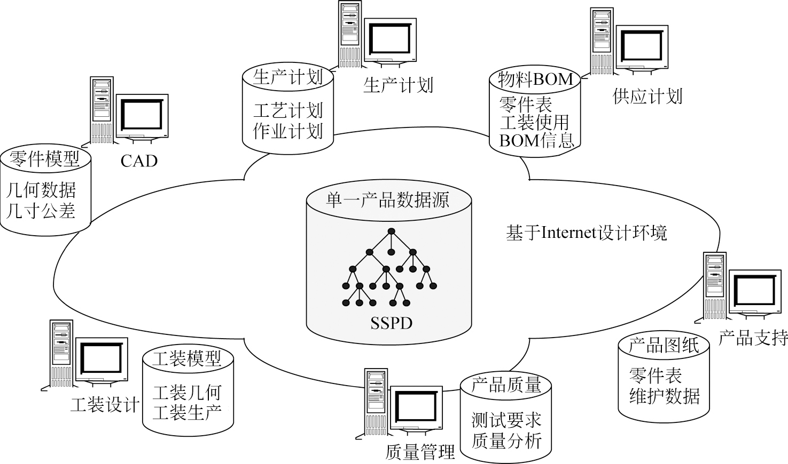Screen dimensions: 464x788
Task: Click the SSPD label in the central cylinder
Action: pos(391,323)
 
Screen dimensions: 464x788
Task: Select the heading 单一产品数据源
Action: pos(388,199)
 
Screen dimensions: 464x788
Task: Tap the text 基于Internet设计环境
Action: pos(587,233)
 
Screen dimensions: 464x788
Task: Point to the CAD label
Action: pos(139,161)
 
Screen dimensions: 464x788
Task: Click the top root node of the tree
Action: pos(391,231)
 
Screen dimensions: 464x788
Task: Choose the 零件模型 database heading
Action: pos(44,158)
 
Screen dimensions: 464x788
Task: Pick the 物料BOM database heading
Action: pos(535,79)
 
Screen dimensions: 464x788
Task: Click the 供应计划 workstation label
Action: pos(647,97)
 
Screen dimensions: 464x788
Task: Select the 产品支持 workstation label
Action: pos(753,338)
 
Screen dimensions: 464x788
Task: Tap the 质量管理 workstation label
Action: pos(420,452)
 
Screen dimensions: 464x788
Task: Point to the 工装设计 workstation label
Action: pos(105,405)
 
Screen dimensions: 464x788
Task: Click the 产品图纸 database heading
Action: pos(664,345)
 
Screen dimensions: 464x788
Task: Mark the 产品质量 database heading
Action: pos(506,385)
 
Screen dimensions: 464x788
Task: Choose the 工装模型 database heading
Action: pos(186,358)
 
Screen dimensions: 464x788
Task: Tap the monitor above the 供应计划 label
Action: pos(643,46)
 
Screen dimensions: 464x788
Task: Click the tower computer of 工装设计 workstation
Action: pos(61,353)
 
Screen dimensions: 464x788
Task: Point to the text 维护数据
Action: pos(664,396)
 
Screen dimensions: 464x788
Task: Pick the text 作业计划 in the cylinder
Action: pos(288,131)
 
